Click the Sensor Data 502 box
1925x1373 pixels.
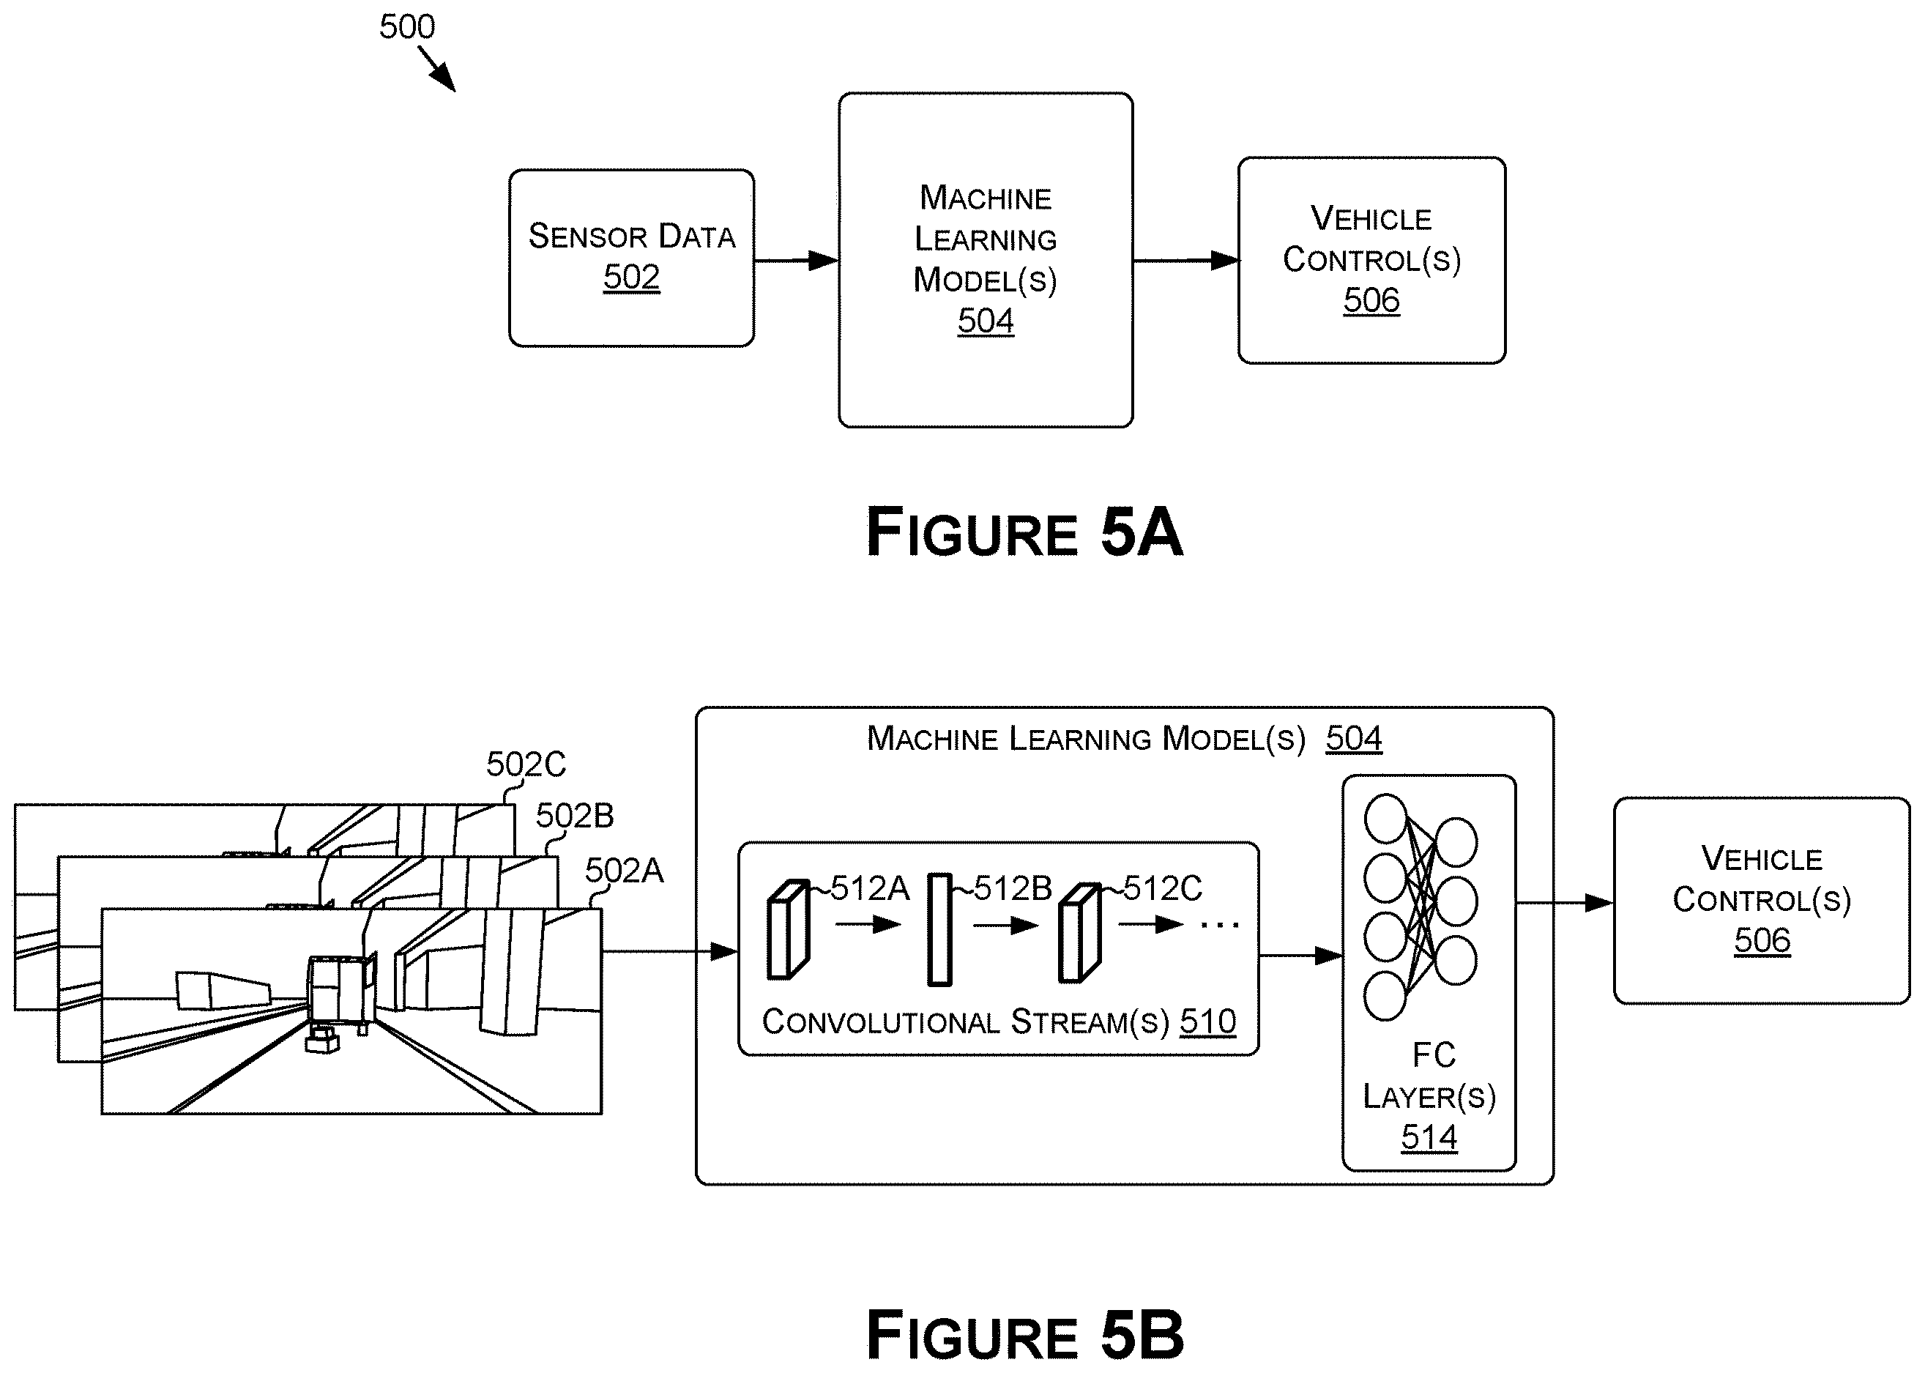[x=631, y=258]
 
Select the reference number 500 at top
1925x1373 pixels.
[x=406, y=27]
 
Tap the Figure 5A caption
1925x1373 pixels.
[x=1024, y=532]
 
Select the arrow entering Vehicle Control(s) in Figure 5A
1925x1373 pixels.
[x=1186, y=261]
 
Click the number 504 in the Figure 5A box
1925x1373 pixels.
[x=986, y=321]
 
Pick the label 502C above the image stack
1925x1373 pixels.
[x=526, y=764]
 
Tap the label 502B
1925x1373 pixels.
[x=575, y=816]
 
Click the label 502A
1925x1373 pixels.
[x=625, y=871]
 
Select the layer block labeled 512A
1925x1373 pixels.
[x=788, y=930]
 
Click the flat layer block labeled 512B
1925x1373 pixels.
[x=940, y=929]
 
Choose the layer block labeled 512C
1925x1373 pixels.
[x=1079, y=932]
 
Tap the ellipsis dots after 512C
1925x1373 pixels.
[x=1220, y=925]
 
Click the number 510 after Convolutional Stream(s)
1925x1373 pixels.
[x=1208, y=1022]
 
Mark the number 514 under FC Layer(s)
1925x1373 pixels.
[x=1429, y=1137]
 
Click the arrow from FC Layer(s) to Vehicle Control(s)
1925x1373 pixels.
[x=1565, y=903]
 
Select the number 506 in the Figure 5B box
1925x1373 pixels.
[x=1762, y=940]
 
